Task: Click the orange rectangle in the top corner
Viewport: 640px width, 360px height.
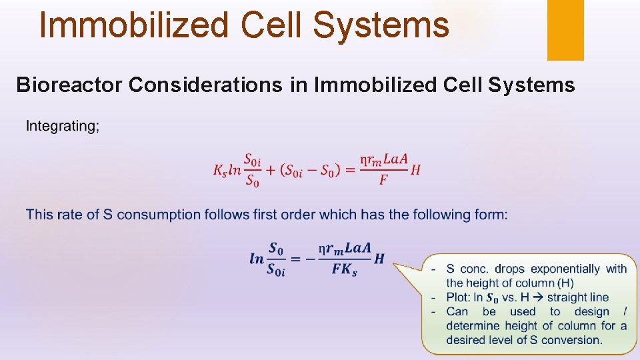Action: click(x=565, y=29)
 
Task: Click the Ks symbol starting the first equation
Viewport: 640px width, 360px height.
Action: click(x=221, y=171)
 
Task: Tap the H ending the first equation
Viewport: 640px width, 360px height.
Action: click(x=415, y=170)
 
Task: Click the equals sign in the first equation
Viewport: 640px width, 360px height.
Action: click(x=349, y=170)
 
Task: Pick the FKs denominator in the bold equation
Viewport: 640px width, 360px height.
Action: click(x=344, y=271)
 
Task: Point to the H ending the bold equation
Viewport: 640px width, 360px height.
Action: click(x=379, y=259)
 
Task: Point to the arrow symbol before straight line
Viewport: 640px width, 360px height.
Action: click(x=533, y=297)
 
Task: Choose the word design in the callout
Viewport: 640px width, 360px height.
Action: click(x=588, y=311)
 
